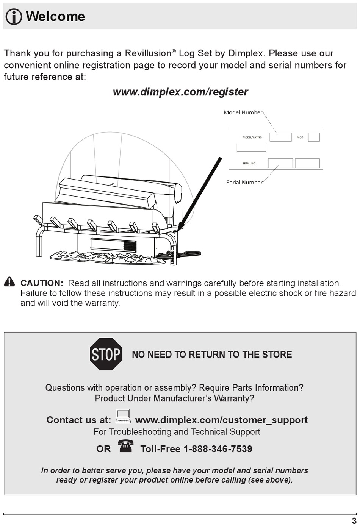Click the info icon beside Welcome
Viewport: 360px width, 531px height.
(14, 17)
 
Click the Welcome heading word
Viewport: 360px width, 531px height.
(55, 16)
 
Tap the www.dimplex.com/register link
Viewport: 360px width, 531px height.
(180, 92)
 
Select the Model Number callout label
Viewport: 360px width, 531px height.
(243, 112)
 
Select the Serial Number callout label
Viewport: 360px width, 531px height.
(244, 182)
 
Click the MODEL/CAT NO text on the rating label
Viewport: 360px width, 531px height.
(252, 137)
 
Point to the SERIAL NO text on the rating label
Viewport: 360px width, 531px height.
(249, 163)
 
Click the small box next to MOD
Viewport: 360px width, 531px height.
(314, 137)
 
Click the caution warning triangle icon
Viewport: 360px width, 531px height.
(9, 282)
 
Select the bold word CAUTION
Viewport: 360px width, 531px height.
(42, 283)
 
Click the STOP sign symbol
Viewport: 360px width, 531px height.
(106, 354)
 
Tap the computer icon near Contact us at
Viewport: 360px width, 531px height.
(123, 416)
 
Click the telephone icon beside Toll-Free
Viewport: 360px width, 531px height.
(125, 446)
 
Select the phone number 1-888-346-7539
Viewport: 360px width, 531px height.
(218, 449)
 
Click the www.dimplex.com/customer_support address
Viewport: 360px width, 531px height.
(221, 420)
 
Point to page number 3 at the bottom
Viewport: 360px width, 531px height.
(354, 521)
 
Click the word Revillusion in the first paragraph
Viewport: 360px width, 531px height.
(148, 53)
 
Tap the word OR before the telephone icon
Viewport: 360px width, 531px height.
(103, 449)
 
